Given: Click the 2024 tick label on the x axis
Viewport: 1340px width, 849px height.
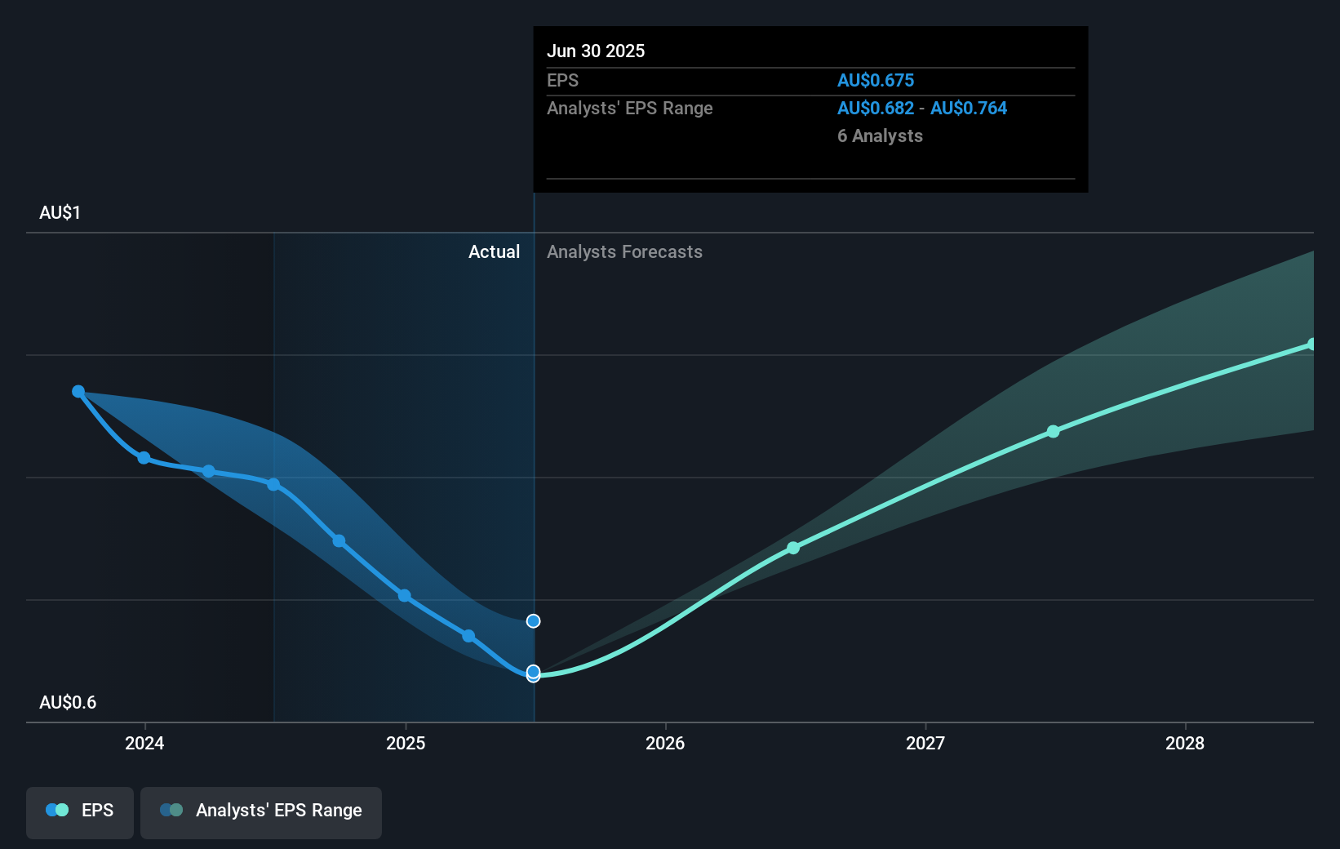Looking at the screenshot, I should point(144,743).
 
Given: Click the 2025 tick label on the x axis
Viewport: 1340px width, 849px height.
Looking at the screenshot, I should point(406,743).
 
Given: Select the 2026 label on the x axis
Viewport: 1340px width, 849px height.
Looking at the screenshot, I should point(665,743).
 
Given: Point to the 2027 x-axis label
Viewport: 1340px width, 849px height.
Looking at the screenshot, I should point(925,743).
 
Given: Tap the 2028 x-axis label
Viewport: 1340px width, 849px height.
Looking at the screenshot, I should point(1185,743).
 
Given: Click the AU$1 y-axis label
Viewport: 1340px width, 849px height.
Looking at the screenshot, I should point(60,212).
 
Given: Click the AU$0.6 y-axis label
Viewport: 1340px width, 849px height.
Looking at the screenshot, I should point(68,702).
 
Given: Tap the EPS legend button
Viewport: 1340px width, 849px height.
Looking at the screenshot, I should point(80,811).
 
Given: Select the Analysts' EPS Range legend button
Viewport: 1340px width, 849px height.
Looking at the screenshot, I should point(261,811).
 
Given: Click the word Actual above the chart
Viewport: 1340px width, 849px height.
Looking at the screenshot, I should point(494,251).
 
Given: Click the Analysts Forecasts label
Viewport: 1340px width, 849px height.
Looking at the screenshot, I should point(624,251).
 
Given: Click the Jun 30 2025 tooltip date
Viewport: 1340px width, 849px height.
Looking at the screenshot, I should point(596,51).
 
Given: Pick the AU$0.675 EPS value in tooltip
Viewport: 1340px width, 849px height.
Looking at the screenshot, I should point(875,80).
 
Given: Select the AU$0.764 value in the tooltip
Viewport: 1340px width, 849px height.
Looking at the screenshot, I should point(969,108).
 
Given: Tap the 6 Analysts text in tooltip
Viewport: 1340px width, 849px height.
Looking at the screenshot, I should point(880,136).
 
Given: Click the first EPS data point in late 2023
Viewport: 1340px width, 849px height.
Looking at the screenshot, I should point(78,392).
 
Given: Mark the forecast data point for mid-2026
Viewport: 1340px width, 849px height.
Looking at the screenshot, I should point(793,548).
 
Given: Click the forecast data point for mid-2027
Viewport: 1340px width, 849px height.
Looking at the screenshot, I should point(1054,431).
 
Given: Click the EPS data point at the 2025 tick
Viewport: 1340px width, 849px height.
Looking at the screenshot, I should point(405,596).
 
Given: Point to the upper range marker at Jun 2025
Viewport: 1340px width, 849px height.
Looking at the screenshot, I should point(533,621).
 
